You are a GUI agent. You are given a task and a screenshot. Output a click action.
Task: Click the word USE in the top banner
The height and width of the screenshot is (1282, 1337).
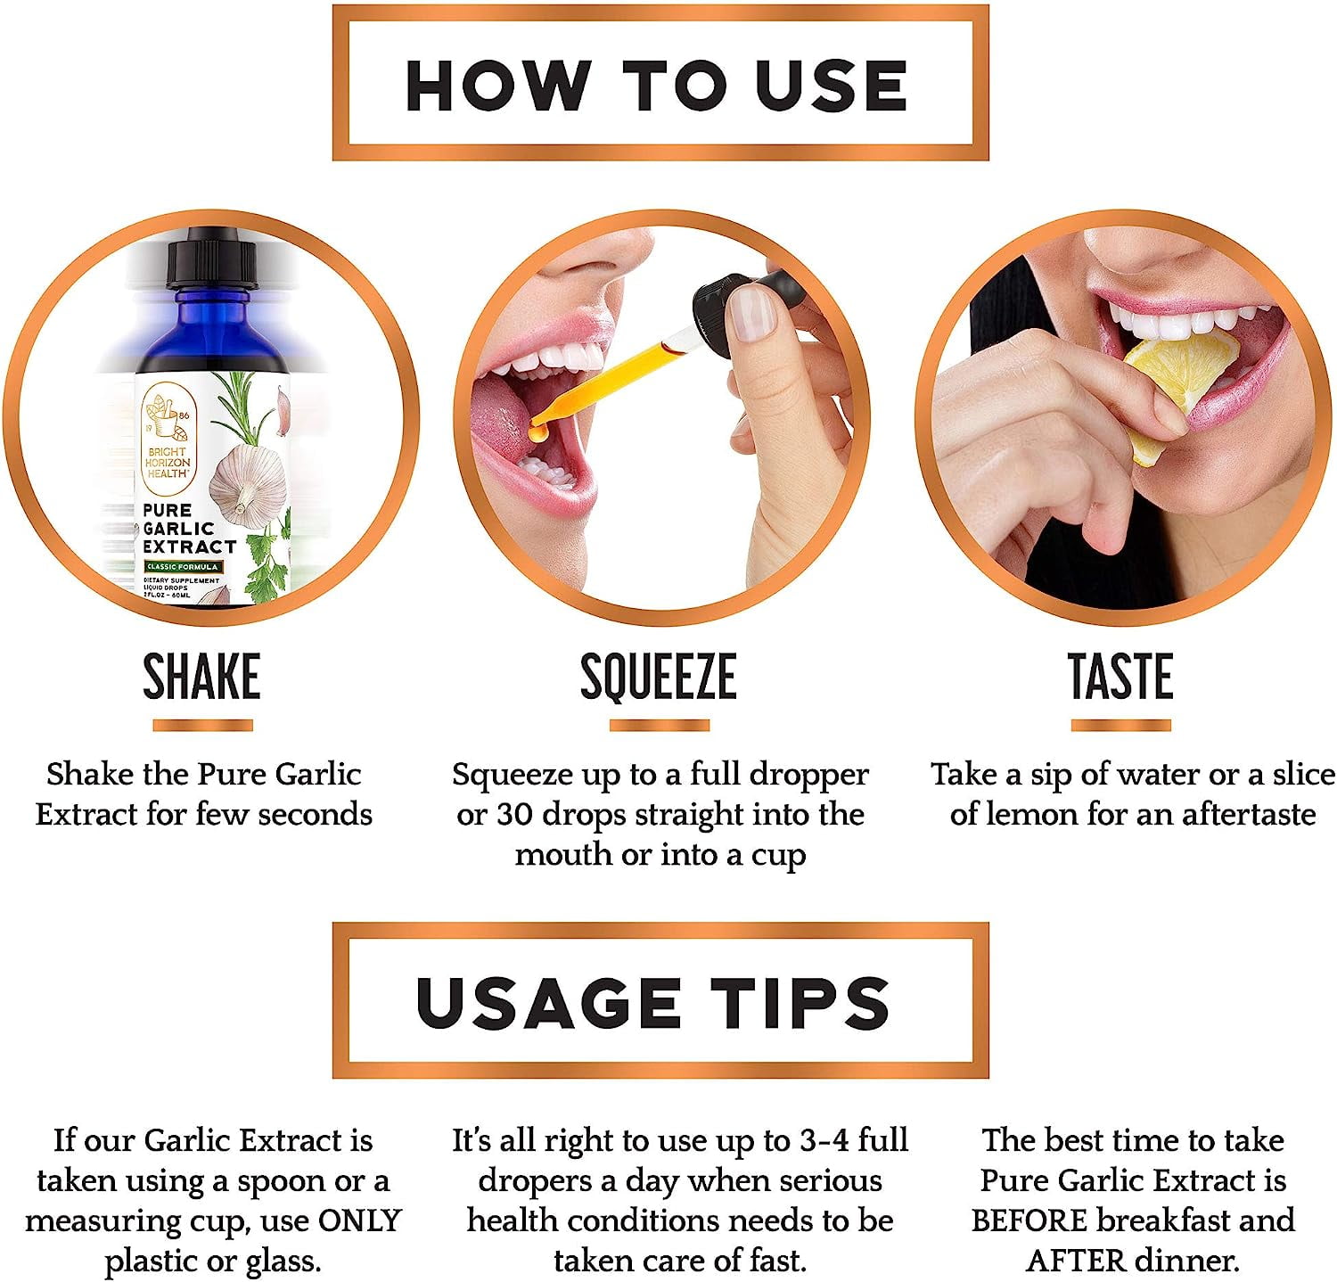[831, 86]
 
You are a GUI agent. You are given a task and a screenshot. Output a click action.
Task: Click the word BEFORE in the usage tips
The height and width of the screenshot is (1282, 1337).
[1029, 1220]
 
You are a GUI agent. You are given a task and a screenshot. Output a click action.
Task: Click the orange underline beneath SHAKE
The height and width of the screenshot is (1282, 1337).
[202, 725]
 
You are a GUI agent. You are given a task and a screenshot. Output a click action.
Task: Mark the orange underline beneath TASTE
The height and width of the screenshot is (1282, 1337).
[1120, 725]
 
